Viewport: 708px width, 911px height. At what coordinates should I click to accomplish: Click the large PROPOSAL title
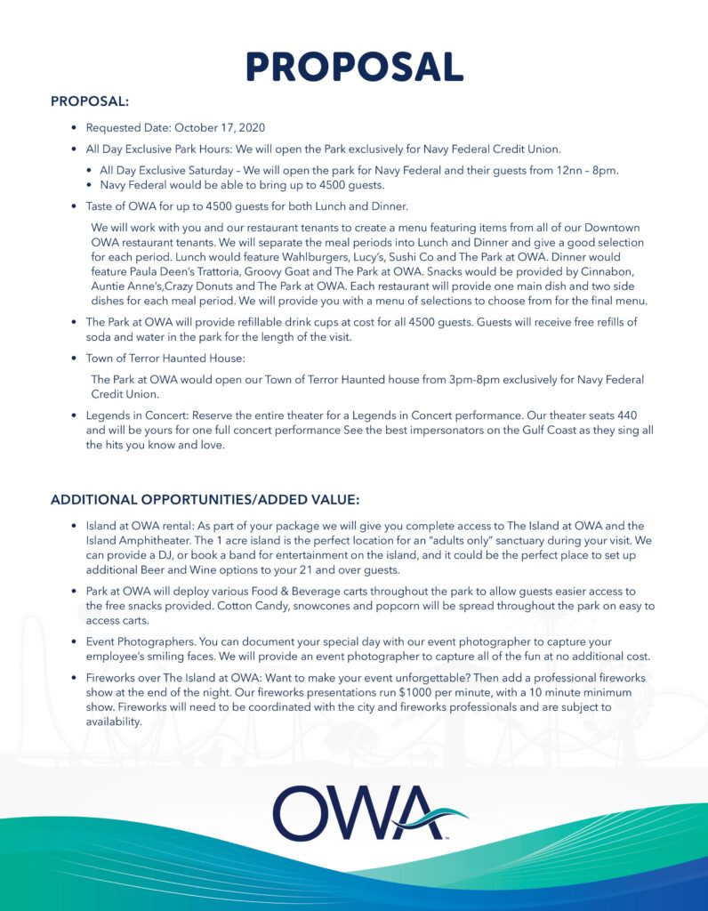[354, 67]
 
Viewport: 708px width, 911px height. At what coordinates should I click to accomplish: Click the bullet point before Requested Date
[75, 128]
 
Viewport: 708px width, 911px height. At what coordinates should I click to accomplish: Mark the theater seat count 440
[626, 415]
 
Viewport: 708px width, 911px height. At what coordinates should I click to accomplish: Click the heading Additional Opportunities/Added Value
[205, 499]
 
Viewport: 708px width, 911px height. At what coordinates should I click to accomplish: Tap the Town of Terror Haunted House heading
[165, 359]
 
